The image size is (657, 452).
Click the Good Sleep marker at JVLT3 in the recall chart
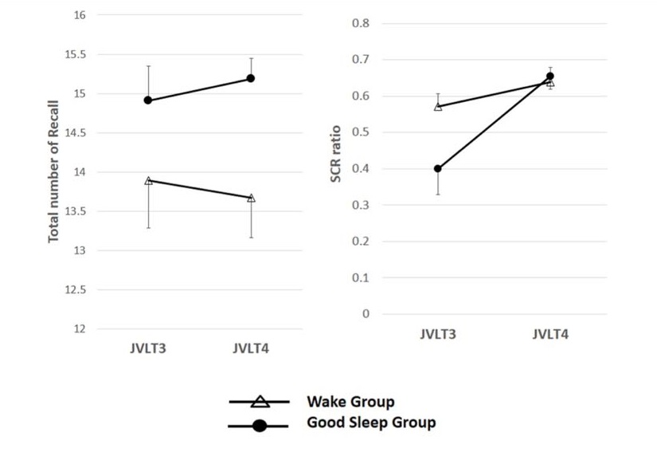pos(148,100)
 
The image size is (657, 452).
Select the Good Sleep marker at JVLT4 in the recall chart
pos(251,78)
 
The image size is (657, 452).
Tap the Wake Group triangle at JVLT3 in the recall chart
pos(148,181)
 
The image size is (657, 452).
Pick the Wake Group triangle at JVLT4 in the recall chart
pos(251,198)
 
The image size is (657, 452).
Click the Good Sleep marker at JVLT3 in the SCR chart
pos(437,168)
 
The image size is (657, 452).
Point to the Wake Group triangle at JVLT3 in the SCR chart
pos(437,106)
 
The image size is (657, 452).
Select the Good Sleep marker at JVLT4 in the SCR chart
pos(549,77)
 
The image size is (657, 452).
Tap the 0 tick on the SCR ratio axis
pos(366,314)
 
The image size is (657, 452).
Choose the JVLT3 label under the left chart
pos(148,348)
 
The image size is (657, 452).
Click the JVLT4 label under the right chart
pos(549,334)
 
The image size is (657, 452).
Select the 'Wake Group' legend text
pos(350,401)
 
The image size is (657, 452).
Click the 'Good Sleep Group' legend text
pos(371,423)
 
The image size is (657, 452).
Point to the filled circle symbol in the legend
pos(259,426)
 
